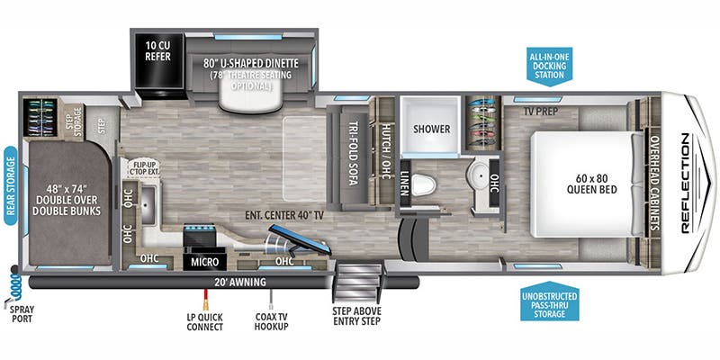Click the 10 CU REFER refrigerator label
(x=158, y=51)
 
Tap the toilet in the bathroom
(x=423, y=185)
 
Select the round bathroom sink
(x=478, y=175)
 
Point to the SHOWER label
(x=432, y=129)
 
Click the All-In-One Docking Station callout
(x=549, y=65)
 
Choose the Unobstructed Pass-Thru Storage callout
(x=550, y=301)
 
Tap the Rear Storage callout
(x=11, y=185)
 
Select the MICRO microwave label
(x=204, y=262)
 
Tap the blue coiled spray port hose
(x=14, y=285)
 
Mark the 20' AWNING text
(x=240, y=282)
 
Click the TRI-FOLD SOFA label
(x=353, y=154)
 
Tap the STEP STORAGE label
(x=77, y=121)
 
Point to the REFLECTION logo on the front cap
(x=686, y=184)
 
